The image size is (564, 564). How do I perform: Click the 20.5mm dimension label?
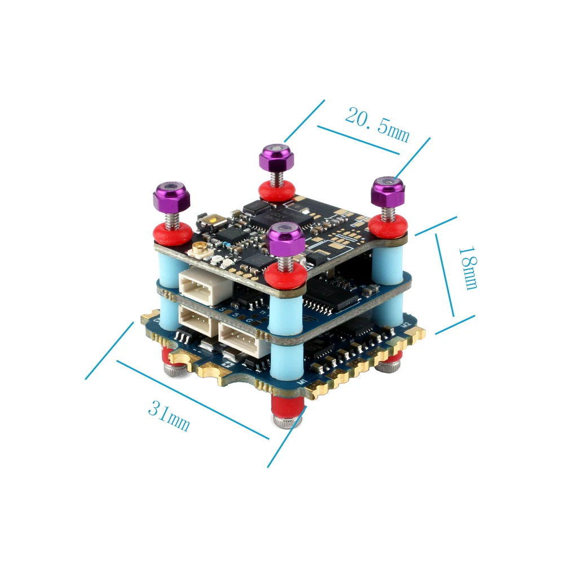point(377,125)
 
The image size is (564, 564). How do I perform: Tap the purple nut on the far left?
point(171,195)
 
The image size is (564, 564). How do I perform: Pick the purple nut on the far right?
point(388,191)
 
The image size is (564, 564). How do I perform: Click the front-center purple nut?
point(287,236)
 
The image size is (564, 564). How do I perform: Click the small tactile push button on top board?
point(215,221)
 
